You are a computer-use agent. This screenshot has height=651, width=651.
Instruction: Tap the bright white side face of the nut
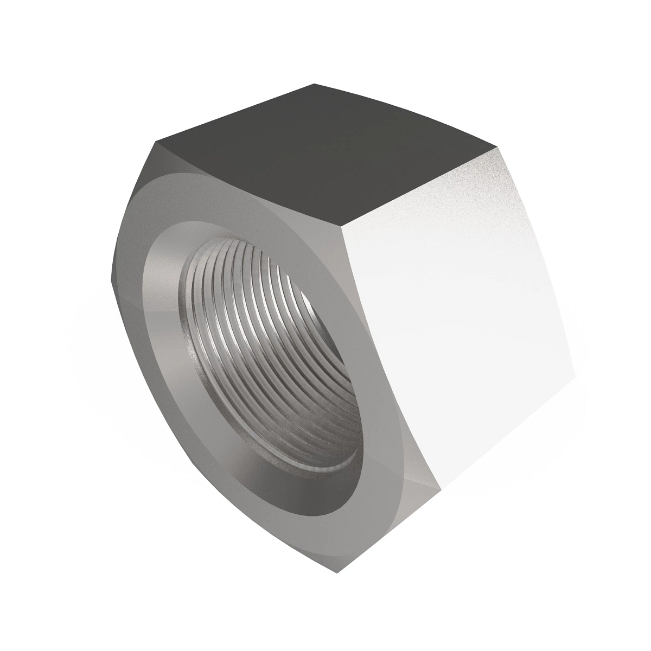pyautogui.click(x=461, y=325)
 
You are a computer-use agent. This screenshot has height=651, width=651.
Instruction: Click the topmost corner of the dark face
pyautogui.click(x=314, y=84)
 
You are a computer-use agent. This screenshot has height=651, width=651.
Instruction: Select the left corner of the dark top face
pyautogui.click(x=156, y=142)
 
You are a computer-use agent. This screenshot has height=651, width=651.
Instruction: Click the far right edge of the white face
pyautogui.click(x=537, y=260)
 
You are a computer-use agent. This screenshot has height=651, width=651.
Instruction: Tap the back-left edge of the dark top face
pyautogui.click(x=233, y=113)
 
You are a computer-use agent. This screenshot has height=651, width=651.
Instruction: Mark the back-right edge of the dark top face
pyautogui.click(x=407, y=115)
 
